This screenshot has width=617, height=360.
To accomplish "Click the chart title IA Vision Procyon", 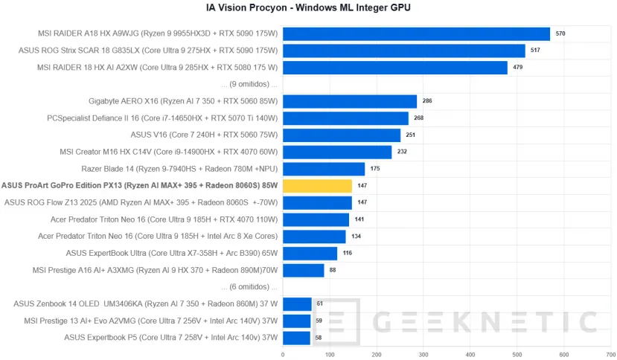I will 308,8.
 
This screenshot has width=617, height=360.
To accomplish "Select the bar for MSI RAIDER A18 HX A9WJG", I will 416,33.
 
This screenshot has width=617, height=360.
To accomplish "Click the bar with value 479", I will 394,68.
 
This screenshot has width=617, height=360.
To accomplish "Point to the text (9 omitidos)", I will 249,84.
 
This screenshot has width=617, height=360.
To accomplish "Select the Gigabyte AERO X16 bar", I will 349,101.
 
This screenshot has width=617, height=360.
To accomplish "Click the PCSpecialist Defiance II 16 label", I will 162,118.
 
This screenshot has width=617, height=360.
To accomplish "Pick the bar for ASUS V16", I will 341,135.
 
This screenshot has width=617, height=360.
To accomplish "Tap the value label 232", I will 402,152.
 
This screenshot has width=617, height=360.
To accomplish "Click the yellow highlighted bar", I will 317,185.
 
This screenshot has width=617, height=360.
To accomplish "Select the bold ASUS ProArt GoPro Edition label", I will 140,185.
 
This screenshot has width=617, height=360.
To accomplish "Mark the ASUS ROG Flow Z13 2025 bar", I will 317,202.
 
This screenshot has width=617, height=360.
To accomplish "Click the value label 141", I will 359,219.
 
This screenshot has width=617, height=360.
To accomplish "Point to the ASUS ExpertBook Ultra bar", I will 310,253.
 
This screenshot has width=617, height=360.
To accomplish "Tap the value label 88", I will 333,270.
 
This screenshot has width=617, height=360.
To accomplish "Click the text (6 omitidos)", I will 249,286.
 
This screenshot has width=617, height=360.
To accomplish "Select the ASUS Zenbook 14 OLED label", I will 146,303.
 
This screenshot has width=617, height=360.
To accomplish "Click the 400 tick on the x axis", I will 470,354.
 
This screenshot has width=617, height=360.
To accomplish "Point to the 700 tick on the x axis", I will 611,354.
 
